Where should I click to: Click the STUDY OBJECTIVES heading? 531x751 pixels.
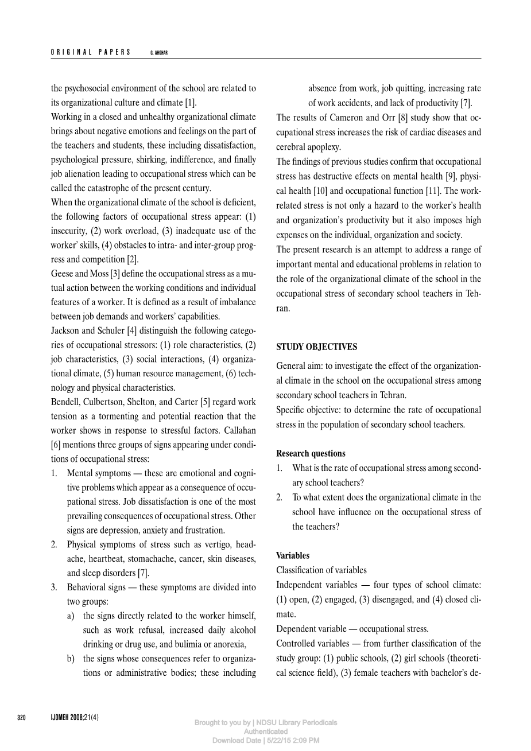(x=316, y=347)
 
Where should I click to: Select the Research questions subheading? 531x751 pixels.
(x=311, y=453)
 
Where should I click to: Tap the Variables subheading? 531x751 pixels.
(x=293, y=555)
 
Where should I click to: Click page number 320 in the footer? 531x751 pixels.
(x=22, y=718)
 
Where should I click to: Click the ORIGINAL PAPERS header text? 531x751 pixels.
(x=91, y=53)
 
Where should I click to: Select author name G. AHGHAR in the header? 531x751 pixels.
(x=158, y=53)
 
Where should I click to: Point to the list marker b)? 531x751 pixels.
(x=71, y=659)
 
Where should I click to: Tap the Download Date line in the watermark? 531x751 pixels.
(x=266, y=741)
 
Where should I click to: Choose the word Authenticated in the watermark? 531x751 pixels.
(x=266, y=731)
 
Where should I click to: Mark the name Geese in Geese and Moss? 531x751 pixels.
(x=61, y=274)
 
